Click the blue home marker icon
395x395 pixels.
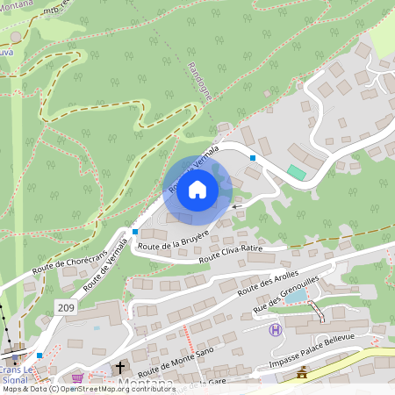coord(197,190)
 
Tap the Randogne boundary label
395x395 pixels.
coord(200,82)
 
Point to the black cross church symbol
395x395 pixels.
coord(120,367)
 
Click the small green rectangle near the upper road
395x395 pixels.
coord(298,173)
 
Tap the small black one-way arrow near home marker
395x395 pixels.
coord(234,207)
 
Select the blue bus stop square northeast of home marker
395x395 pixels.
coord(253,158)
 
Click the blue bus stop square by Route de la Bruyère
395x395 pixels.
coord(134,232)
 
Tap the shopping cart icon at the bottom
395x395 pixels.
coord(78,378)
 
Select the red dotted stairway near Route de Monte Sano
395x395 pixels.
coord(187,334)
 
